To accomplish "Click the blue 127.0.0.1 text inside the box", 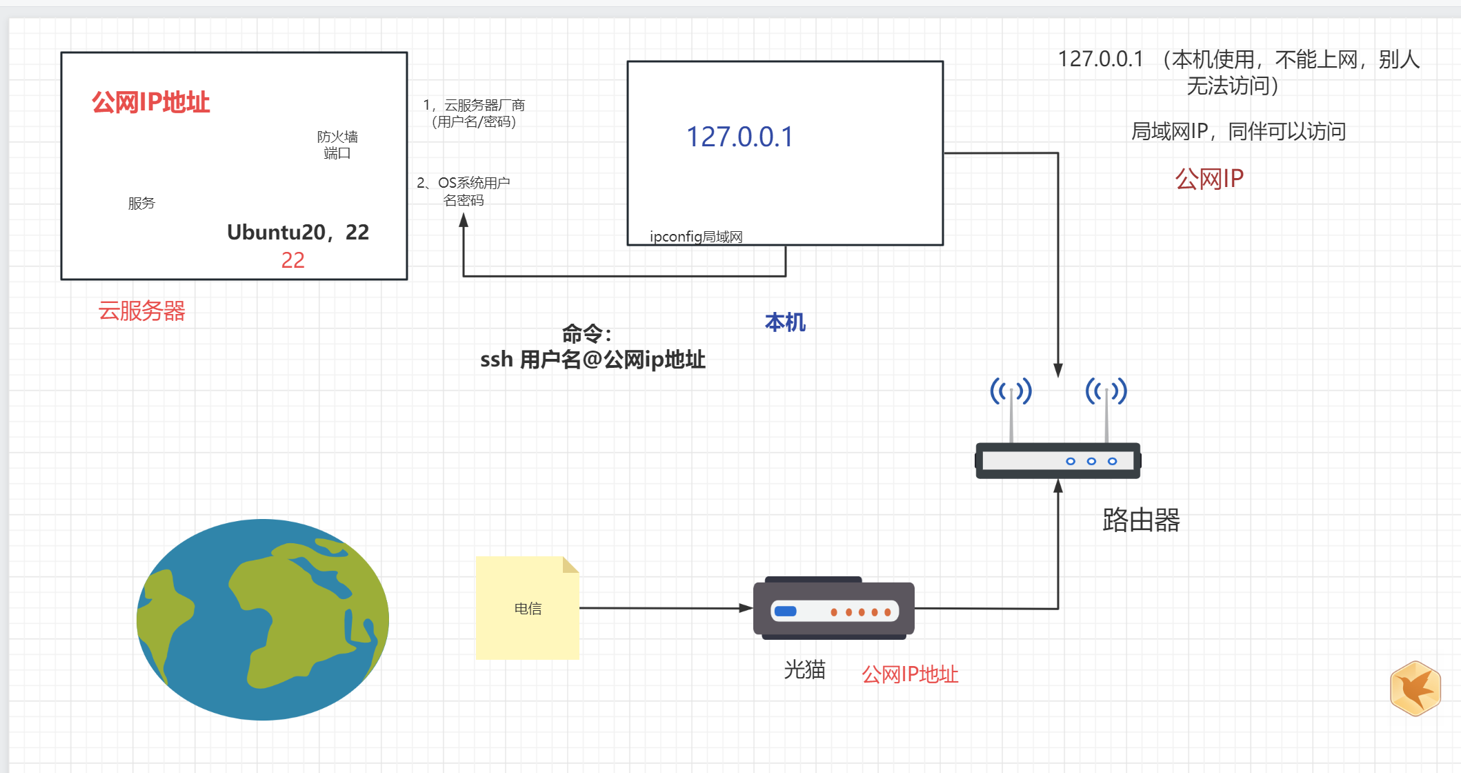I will [x=739, y=137].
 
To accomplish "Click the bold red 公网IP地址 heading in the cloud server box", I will [x=150, y=102].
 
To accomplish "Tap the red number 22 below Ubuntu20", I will [x=292, y=260].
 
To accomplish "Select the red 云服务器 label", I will [x=141, y=311].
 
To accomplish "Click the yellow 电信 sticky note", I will [x=527, y=608].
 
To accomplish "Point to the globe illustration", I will [x=262, y=619].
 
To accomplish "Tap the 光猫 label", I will [x=804, y=669].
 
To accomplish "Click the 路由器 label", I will [x=1141, y=520].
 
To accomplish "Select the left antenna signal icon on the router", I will [x=1011, y=391].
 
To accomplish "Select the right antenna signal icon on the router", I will [x=1106, y=391].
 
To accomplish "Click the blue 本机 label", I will [x=785, y=322].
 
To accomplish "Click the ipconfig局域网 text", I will [x=695, y=237].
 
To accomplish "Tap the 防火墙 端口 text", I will [x=337, y=144].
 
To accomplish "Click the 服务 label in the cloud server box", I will [x=141, y=203].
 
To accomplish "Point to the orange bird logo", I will [x=1415, y=688].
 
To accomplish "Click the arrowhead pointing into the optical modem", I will [x=746, y=608].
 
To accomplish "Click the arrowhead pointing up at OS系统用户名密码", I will [x=464, y=220].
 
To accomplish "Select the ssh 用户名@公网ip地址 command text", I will [x=593, y=360].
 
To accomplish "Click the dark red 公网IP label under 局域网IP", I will [x=1209, y=179].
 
